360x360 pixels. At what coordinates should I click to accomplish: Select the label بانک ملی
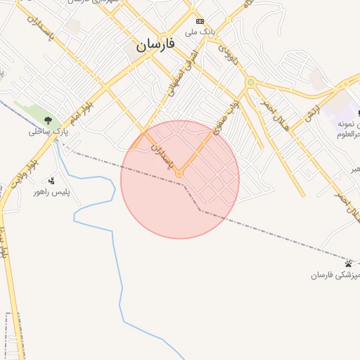coord(199,32)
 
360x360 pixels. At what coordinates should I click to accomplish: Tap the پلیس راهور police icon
coord(51,181)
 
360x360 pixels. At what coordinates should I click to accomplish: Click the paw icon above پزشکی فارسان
coord(349,264)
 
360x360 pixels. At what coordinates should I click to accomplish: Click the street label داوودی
coord(229,56)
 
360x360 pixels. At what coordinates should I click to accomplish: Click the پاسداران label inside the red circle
coord(160,153)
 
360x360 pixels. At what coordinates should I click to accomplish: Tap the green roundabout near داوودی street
coord(250,83)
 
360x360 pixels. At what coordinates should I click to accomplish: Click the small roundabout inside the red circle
coord(179,172)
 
